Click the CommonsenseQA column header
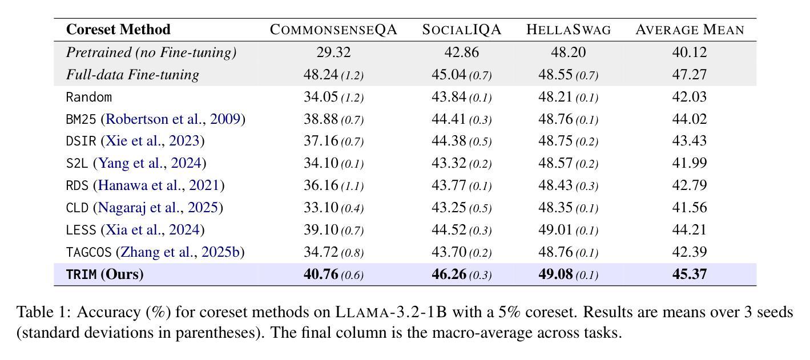coord(333,30)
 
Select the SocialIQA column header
coord(461,30)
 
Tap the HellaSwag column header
coord(568,30)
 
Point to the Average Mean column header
coord(690,30)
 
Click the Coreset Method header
coord(118,30)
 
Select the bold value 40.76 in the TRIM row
coord(321,274)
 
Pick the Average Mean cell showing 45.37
coord(690,274)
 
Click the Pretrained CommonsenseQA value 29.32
coord(333,52)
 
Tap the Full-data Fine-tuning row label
coord(132,75)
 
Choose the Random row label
coord(88,97)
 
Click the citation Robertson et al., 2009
coord(173,119)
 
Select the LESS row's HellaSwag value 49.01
coord(555,230)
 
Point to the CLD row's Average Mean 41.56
coord(690,208)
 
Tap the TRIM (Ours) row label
coord(104,274)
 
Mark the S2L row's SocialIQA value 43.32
coord(449,163)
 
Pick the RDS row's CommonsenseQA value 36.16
coord(321,185)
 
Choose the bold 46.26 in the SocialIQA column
coord(449,274)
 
